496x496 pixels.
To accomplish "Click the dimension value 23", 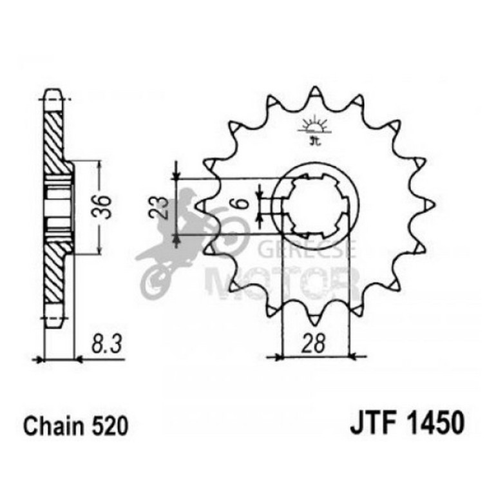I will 162,207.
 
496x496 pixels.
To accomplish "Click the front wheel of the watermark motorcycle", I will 155,280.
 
